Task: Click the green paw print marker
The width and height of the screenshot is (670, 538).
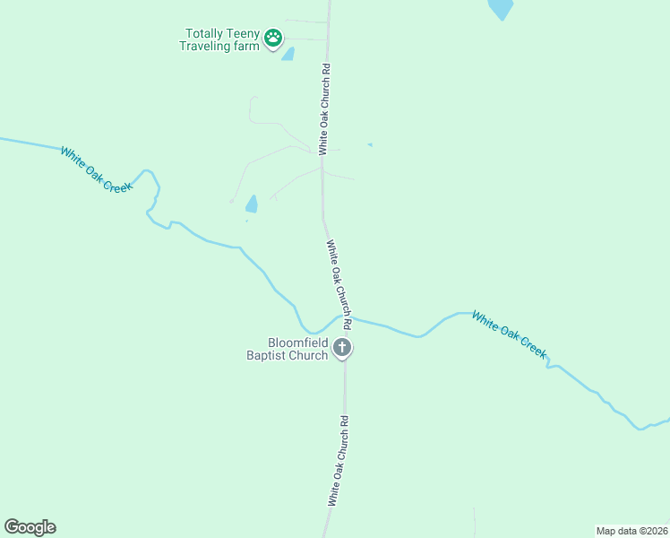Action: pyautogui.click(x=273, y=39)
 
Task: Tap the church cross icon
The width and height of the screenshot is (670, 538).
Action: pyautogui.click(x=341, y=348)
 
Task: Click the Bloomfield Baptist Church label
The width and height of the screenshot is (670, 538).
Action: pyautogui.click(x=288, y=349)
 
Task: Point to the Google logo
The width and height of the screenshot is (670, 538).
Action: pyautogui.click(x=30, y=527)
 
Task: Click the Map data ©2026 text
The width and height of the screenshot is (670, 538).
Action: pyautogui.click(x=631, y=530)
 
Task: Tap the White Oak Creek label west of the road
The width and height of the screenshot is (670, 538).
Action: pyautogui.click(x=96, y=168)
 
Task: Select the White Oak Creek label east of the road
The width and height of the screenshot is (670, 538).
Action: pyautogui.click(x=509, y=334)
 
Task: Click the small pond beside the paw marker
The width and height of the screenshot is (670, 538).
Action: pyautogui.click(x=288, y=54)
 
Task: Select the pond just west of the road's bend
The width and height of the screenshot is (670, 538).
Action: pyautogui.click(x=252, y=204)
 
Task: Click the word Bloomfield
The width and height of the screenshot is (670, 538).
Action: pyautogui.click(x=297, y=343)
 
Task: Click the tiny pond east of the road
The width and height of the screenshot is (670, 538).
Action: pyautogui.click(x=370, y=144)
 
